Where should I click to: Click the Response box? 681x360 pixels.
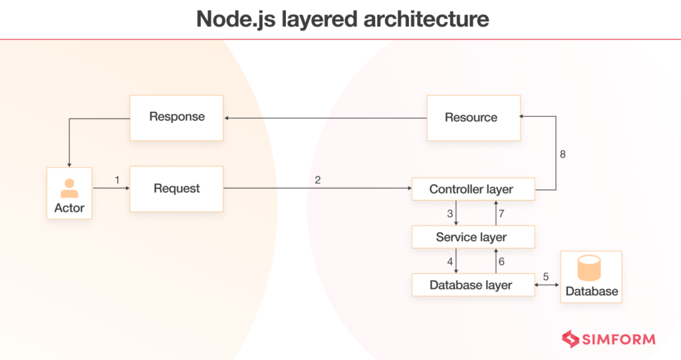pos(176,117)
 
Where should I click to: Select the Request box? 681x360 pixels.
pos(176,189)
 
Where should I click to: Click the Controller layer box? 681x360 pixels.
pos(472,190)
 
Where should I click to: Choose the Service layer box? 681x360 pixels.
pos(472,238)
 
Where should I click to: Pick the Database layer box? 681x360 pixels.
pos(472,285)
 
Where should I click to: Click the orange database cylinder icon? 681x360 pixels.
pos(590,268)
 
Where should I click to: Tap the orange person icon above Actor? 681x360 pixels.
pos(69,188)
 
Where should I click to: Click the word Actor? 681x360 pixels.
pos(69,208)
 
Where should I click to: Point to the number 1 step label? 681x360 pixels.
pos(117,180)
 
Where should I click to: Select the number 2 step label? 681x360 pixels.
pos(318,180)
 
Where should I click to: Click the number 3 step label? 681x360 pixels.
pos(450,214)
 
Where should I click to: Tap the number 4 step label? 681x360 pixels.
pos(450,262)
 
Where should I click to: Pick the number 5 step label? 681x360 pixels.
pos(546,277)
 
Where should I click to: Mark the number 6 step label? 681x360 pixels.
pos(501,262)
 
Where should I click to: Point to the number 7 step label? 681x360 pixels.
pos(501,214)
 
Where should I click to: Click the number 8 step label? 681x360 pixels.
pos(562,154)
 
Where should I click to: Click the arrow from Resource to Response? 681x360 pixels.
pos(326,118)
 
